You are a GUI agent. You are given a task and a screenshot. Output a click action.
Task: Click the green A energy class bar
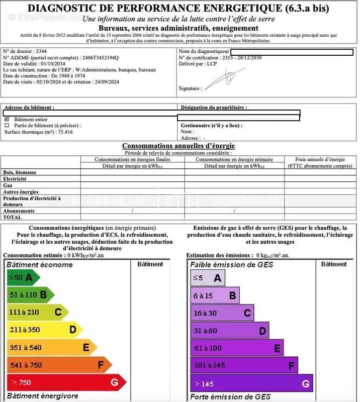pos(22,277)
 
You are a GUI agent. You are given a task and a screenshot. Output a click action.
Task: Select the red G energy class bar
pos(65,382)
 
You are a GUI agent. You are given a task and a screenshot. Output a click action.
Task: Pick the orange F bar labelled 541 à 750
pos(58,365)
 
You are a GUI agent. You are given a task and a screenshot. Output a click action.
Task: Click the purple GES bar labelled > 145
pos(251,384)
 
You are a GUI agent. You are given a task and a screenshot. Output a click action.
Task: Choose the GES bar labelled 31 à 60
pos(229,331)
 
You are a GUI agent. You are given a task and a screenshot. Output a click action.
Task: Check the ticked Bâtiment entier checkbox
pos(7,119)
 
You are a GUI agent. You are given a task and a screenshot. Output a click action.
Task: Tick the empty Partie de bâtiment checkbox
pos(7,126)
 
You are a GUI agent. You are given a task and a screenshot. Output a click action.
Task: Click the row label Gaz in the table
pos(8,185)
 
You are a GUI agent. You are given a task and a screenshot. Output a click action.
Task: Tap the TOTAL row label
pos(13,217)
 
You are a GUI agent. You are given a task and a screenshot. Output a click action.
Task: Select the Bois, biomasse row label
pos(20,172)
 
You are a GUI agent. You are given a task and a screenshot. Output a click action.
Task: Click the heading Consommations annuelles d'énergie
pos(178,145)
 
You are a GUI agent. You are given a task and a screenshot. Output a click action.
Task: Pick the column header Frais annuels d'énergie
pos(320,159)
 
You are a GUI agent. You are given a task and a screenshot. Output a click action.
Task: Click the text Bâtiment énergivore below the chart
pos(43,396)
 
